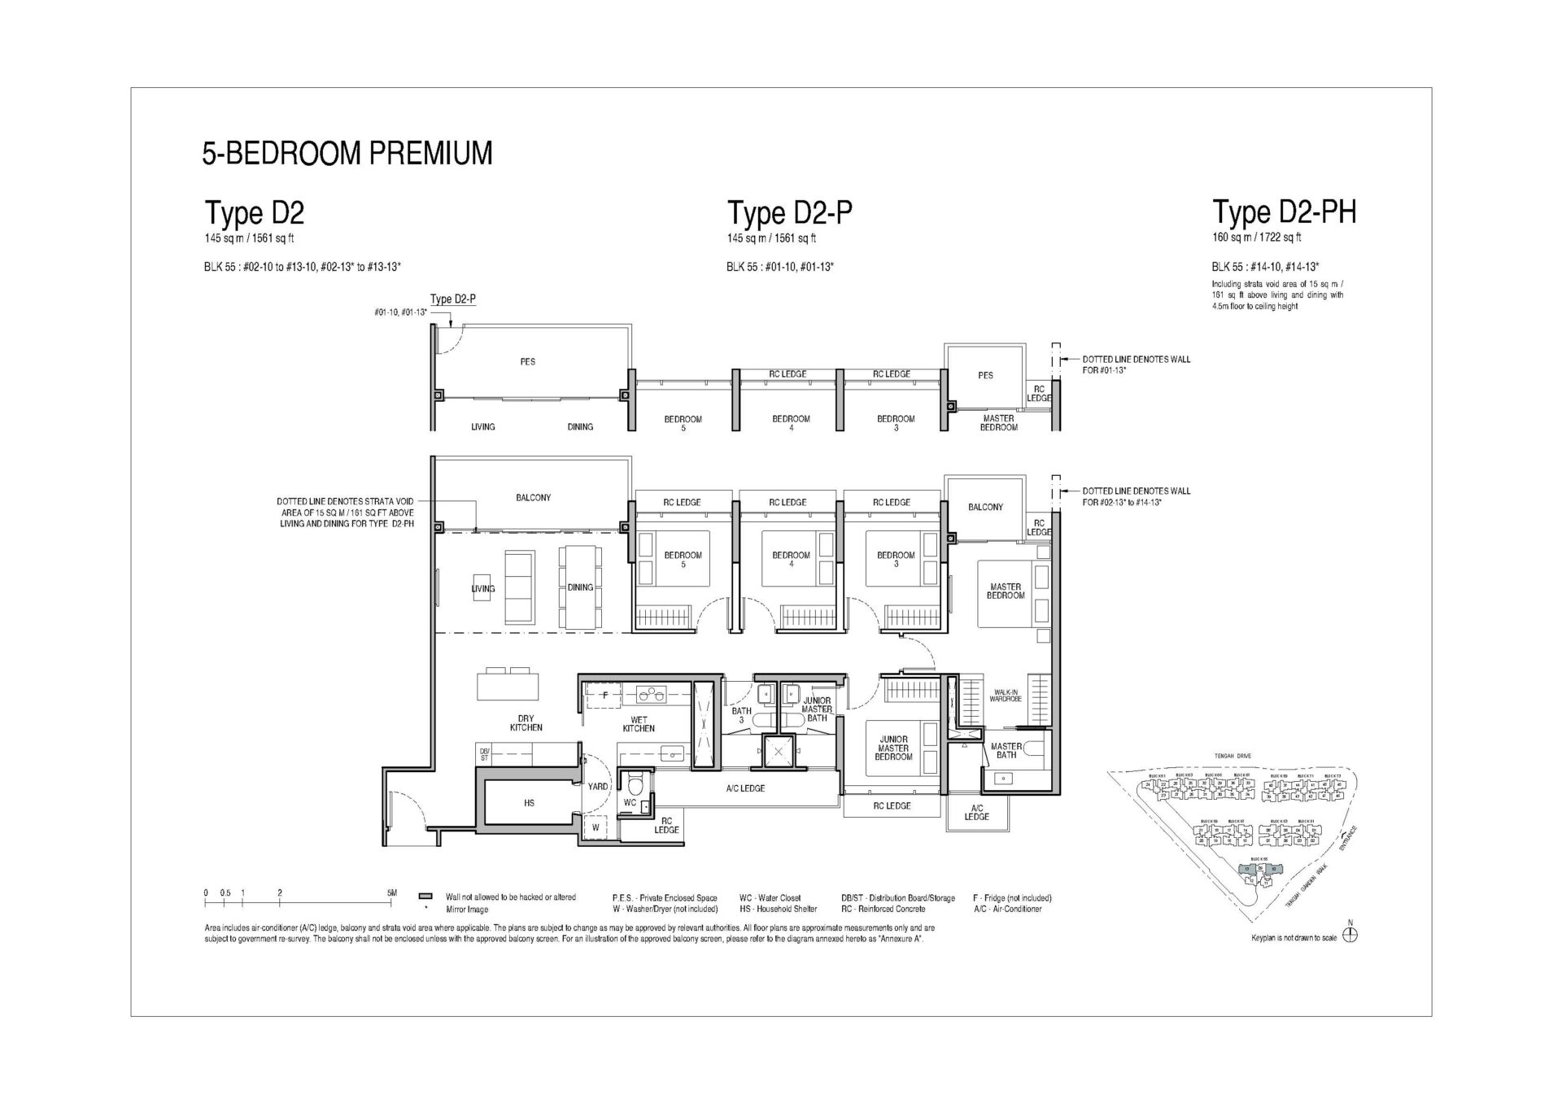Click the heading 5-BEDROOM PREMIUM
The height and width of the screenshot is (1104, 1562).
click(347, 154)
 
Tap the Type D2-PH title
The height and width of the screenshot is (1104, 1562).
click(1284, 212)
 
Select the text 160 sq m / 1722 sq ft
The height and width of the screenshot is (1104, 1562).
click(1256, 238)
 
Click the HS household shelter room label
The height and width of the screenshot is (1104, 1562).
click(529, 803)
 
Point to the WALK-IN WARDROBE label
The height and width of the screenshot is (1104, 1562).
click(1006, 696)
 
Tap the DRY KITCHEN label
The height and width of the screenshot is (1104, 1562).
click(526, 723)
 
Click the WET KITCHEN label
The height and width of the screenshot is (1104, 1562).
click(639, 724)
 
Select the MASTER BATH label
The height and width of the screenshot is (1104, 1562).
click(1006, 750)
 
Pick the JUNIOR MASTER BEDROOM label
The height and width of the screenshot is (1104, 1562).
click(893, 748)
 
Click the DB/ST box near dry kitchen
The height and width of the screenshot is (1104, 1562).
click(484, 754)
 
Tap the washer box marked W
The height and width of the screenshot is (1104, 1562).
click(596, 827)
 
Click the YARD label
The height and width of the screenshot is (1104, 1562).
click(598, 787)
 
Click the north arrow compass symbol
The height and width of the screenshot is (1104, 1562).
click(1350, 935)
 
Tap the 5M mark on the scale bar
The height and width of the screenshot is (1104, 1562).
click(392, 892)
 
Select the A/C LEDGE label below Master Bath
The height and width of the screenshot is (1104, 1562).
click(976, 812)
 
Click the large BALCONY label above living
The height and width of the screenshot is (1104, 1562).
click(533, 497)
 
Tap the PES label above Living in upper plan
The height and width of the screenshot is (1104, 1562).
click(528, 361)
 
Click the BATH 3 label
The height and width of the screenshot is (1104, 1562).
click(741, 714)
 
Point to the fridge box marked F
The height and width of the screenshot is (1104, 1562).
click(604, 696)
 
